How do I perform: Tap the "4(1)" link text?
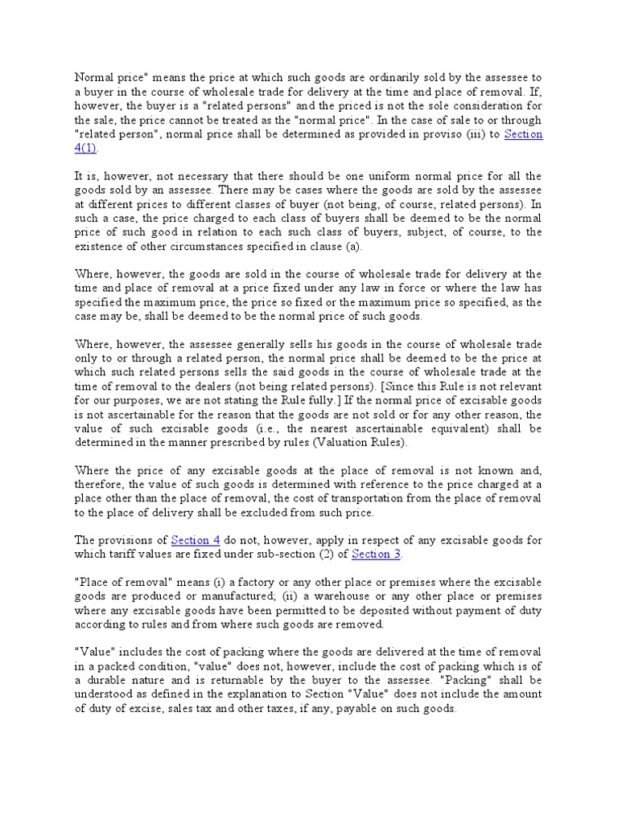86,149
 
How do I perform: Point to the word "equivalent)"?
446,428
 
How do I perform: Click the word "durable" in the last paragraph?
113,666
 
